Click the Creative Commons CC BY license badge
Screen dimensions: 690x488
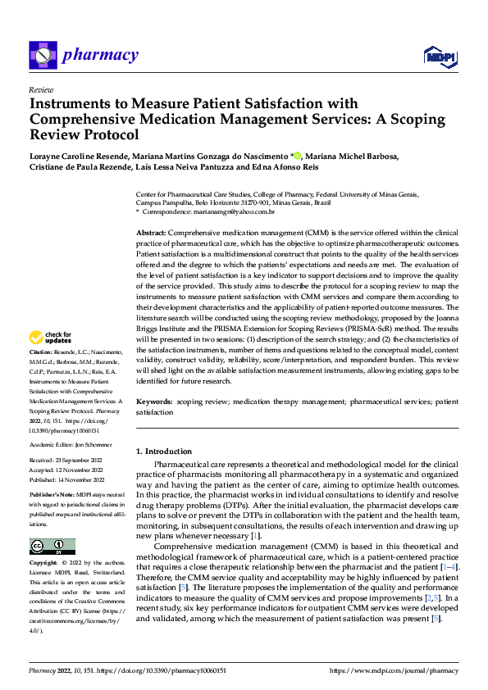point(52,547)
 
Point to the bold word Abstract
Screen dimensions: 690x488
point(152,234)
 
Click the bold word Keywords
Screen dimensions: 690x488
point(153,402)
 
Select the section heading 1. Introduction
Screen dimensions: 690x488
point(164,452)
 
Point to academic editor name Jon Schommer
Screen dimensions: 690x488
point(94,443)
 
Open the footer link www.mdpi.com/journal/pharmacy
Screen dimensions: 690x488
point(393,671)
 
